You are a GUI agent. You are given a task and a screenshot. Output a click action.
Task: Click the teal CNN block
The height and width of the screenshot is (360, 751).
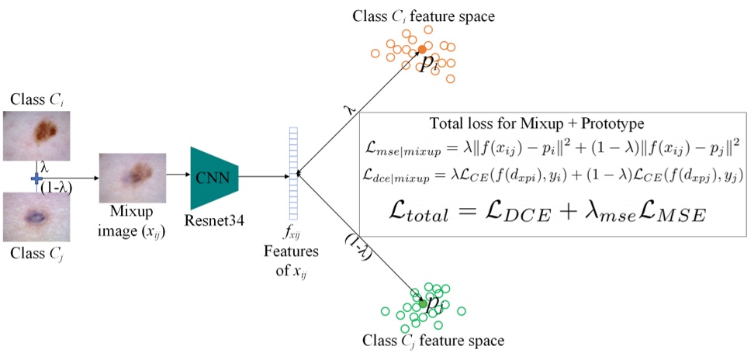(215, 178)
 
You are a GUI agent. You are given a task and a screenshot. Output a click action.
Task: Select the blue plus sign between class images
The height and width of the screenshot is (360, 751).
(36, 178)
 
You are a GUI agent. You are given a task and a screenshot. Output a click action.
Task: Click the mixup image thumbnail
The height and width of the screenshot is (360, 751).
(132, 178)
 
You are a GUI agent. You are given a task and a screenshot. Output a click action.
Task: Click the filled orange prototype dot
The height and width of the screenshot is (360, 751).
(421, 50)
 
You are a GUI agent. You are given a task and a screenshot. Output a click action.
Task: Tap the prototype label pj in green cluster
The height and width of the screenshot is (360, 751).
(435, 303)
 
